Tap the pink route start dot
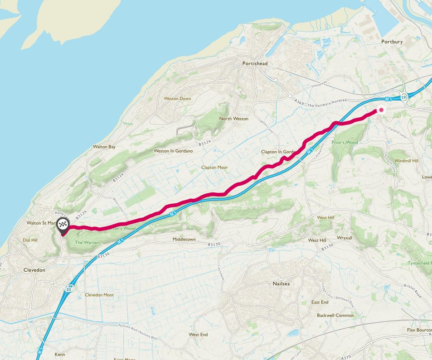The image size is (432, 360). (381, 110)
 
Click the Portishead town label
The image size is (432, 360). (255, 64)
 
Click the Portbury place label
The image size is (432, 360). (392, 42)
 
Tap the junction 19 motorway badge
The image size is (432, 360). (403, 97)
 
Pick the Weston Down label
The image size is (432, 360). (177, 98)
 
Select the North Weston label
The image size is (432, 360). (234, 119)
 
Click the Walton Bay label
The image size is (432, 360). (104, 147)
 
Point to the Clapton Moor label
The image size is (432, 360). (214, 168)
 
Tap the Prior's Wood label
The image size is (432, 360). (345, 142)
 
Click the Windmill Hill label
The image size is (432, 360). (407, 161)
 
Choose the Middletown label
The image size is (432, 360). (184, 239)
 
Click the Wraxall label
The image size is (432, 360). (344, 237)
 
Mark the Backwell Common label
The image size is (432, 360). (335, 315)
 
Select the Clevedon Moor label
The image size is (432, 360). (99, 295)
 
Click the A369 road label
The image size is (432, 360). (298, 103)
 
